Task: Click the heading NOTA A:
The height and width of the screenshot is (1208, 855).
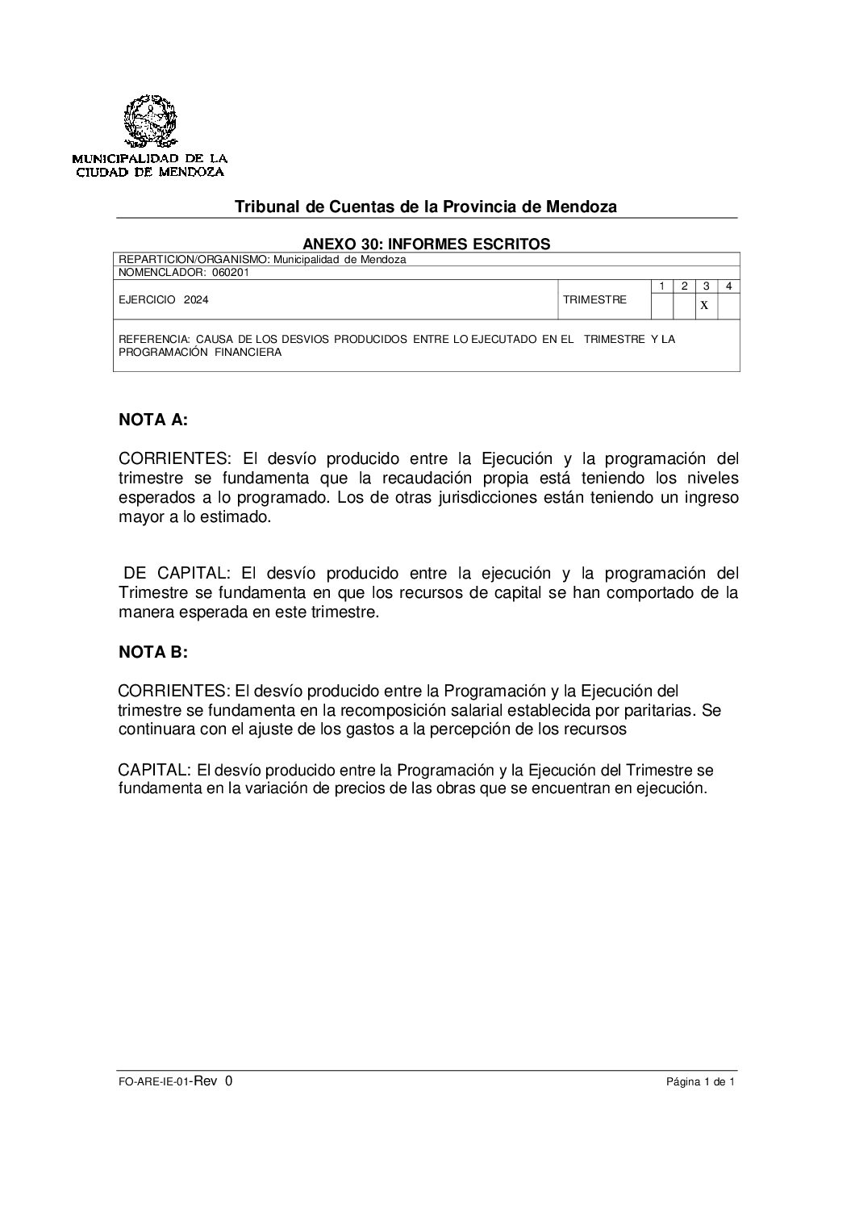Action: (153, 419)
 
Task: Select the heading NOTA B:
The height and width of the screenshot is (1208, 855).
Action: (153, 653)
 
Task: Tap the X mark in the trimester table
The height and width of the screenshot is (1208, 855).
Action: (704, 305)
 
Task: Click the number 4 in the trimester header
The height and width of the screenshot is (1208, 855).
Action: (728, 286)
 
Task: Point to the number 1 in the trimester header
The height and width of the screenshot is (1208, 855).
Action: (661, 286)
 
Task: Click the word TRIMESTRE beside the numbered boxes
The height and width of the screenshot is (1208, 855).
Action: (594, 299)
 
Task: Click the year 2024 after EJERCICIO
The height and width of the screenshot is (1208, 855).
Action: (195, 299)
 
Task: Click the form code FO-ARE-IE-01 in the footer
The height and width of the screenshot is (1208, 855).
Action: (152, 1084)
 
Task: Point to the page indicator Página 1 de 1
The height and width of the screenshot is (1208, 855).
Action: (700, 1084)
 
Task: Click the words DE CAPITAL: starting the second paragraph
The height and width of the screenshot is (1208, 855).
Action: (177, 574)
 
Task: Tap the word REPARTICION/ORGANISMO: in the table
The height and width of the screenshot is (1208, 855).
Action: (194, 260)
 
